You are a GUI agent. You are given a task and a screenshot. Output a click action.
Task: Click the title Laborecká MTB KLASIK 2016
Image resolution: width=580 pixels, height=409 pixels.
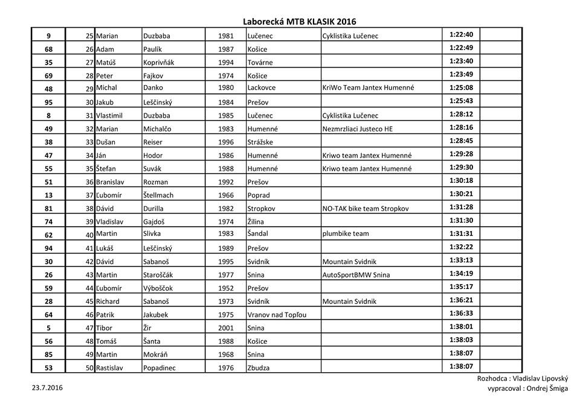(x=304, y=21)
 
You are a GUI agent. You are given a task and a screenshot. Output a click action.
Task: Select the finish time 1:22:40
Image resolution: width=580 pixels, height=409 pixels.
(x=461, y=34)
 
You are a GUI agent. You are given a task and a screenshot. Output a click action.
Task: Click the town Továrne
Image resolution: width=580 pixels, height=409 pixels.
(x=260, y=62)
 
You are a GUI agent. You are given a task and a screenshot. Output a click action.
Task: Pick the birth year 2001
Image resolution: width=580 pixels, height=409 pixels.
(x=226, y=328)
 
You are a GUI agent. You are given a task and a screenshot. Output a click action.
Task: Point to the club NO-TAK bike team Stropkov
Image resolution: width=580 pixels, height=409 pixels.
(x=366, y=209)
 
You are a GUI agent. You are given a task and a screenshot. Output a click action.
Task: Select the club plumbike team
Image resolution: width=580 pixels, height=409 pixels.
(x=346, y=234)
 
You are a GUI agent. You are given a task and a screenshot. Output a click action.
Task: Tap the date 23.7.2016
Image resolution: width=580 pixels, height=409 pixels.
(x=47, y=388)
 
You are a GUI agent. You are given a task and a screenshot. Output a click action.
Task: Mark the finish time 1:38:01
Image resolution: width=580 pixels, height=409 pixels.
(x=461, y=326)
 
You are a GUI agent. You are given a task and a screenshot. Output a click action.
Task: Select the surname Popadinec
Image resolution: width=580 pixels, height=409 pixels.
(x=159, y=367)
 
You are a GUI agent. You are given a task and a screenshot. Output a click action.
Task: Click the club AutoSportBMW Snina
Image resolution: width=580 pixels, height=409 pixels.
(x=356, y=274)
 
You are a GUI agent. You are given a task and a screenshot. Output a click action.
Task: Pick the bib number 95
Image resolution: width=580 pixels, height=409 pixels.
(x=48, y=102)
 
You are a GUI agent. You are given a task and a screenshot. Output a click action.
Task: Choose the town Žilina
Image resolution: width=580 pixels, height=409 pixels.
(x=257, y=221)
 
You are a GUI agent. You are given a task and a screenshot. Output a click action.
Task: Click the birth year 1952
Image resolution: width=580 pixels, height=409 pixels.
(x=226, y=288)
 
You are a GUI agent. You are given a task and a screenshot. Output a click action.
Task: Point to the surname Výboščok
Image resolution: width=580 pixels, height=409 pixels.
(x=161, y=288)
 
